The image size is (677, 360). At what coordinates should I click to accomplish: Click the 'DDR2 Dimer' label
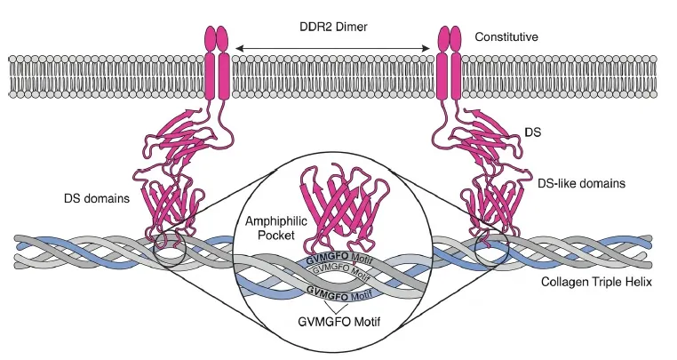pos(333,27)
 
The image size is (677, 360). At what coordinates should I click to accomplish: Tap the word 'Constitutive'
pos(506,37)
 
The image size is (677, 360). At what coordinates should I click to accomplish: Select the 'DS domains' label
pos(97,198)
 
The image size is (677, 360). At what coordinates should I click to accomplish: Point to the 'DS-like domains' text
pos(581,184)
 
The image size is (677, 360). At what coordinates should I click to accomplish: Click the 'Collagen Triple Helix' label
pos(596,282)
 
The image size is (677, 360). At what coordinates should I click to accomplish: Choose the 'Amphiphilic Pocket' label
pos(276,228)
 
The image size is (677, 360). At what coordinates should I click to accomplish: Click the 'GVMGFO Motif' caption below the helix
pos(338,322)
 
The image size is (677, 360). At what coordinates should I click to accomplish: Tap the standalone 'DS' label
pos(532,132)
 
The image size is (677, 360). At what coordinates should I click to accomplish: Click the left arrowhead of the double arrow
pos(236,48)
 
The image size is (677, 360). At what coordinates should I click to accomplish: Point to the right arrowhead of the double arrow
pos(426,48)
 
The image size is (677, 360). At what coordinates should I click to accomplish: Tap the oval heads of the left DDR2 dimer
pos(216,39)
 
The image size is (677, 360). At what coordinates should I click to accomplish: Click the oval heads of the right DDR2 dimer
pos(450,39)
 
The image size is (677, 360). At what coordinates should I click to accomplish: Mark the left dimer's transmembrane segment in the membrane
pos(216,76)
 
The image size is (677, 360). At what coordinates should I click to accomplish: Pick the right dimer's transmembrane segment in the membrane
pos(450,76)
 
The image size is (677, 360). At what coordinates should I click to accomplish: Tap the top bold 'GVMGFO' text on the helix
pos(327,260)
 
